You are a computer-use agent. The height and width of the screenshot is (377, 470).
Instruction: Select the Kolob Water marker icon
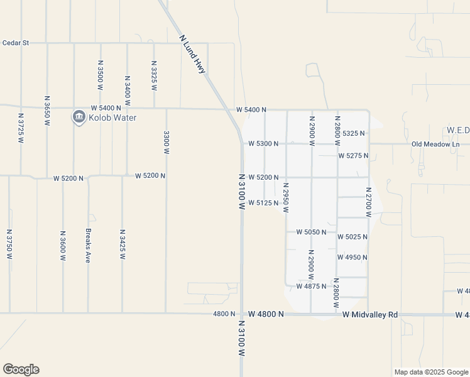click(x=79, y=117)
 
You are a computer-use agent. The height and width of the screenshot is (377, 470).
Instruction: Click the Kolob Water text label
click(x=112, y=117)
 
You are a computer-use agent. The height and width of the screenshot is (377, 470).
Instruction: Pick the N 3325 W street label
click(x=154, y=75)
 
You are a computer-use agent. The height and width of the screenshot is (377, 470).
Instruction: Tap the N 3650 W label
click(x=47, y=111)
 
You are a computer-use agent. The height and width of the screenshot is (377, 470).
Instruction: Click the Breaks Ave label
click(x=88, y=244)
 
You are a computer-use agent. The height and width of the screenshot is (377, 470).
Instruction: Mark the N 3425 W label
click(x=123, y=244)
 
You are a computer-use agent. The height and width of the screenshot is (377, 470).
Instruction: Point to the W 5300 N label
click(x=263, y=143)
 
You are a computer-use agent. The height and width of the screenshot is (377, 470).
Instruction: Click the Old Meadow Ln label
click(x=435, y=144)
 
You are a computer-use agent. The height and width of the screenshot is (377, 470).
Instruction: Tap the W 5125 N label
click(x=263, y=203)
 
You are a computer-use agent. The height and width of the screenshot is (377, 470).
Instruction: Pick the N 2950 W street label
click(x=286, y=197)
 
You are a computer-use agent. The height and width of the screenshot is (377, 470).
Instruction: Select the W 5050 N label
click(x=311, y=232)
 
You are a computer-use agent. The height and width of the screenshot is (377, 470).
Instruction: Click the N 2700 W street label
click(x=368, y=202)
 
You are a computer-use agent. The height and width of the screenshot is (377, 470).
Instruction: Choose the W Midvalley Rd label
click(x=371, y=314)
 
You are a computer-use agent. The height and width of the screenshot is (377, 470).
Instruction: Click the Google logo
click(x=21, y=369)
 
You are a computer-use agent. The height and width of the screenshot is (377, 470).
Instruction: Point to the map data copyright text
click(x=430, y=372)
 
